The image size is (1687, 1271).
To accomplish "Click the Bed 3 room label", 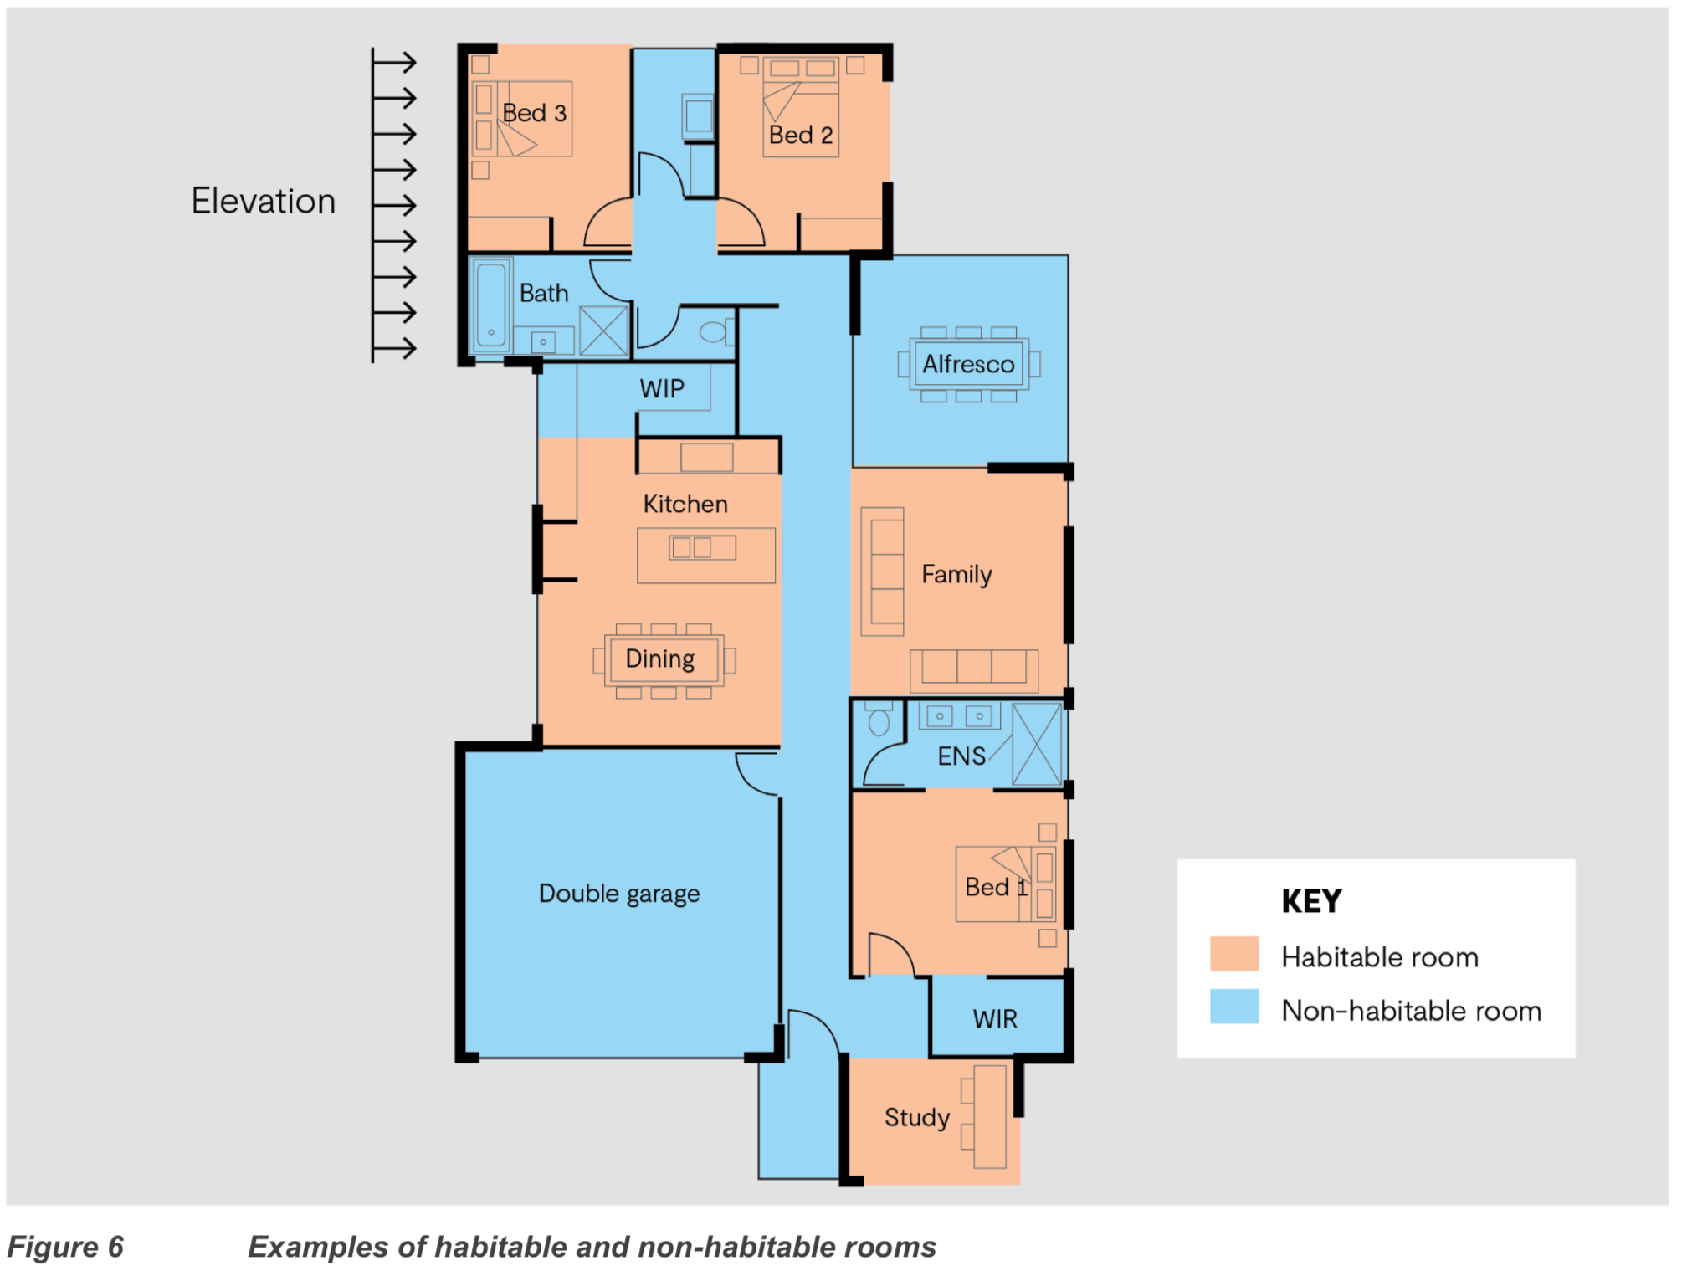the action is click(x=535, y=113).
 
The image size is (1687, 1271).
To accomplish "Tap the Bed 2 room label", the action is click(x=802, y=135).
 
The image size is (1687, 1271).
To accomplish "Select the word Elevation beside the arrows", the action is click(x=264, y=201).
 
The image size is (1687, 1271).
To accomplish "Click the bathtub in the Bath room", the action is click(x=491, y=305).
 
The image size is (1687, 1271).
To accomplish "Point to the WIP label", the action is click(x=662, y=388).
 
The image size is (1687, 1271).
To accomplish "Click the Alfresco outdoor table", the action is click(x=969, y=364).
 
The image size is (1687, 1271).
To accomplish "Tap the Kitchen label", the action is click(x=685, y=504).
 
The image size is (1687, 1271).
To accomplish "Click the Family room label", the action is click(x=956, y=575).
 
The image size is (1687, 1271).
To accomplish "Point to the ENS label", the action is click(x=961, y=756).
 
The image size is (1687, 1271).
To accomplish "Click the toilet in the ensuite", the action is click(x=879, y=719).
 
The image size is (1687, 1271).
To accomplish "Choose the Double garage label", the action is click(x=619, y=894).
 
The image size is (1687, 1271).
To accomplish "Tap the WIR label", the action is click(x=995, y=1019).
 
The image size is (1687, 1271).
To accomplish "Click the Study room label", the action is click(x=917, y=1118).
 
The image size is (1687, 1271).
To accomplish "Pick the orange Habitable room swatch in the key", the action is click(x=1234, y=954).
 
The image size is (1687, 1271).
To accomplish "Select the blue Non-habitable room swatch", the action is click(x=1234, y=1007).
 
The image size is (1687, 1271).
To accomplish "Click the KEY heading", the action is click(x=1311, y=901).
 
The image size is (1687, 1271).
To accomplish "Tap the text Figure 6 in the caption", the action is click(x=65, y=1247).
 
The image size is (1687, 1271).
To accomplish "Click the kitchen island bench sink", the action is click(x=703, y=548).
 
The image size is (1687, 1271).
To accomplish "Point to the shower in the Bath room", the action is click(x=603, y=331).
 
